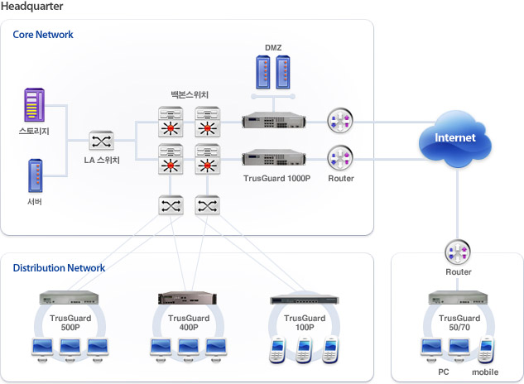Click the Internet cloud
click(455, 139)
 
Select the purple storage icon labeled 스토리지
click(35, 105)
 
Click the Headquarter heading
click(32, 7)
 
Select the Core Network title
click(43, 35)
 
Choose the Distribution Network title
click(59, 268)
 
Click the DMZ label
click(273, 47)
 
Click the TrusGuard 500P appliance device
click(72, 298)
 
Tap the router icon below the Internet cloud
click(459, 252)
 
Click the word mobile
click(485, 372)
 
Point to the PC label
click(445, 372)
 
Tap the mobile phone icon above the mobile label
click(486, 350)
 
